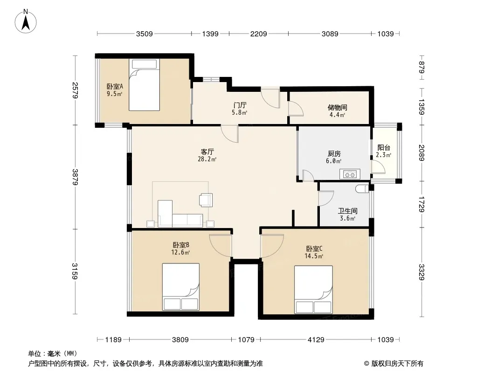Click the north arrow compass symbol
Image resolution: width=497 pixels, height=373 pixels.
[26, 21]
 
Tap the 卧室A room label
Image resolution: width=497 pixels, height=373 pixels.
[115, 87]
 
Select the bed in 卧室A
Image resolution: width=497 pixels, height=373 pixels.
[144, 84]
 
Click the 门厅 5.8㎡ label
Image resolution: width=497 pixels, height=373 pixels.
[240, 108]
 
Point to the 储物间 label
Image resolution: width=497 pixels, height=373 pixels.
[337, 107]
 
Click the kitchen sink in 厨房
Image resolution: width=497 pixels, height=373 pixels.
[350, 174]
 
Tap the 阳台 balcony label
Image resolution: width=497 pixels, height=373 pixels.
[384, 148]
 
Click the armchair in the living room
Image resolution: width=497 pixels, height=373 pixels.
[206, 200]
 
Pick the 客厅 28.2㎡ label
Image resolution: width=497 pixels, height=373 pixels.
[207, 155]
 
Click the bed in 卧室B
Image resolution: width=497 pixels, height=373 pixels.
[181, 286]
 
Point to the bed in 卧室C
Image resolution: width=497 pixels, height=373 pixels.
[313, 290]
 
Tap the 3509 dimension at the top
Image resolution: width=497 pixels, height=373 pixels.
[144, 34]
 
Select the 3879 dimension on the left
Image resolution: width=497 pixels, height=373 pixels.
[75, 177]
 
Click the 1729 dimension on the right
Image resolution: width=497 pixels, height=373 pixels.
[421, 204]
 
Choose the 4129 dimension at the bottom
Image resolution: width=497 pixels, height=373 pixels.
[316, 340]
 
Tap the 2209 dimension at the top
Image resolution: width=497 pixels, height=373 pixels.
[259, 34]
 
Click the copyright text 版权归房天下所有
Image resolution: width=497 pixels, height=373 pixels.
[397, 364]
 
